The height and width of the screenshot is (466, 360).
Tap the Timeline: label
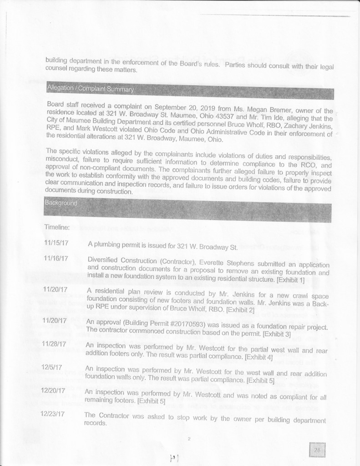56,227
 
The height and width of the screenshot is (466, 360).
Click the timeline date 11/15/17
56,242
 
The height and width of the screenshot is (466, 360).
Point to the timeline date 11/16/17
56,258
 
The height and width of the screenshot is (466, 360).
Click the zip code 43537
209,117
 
